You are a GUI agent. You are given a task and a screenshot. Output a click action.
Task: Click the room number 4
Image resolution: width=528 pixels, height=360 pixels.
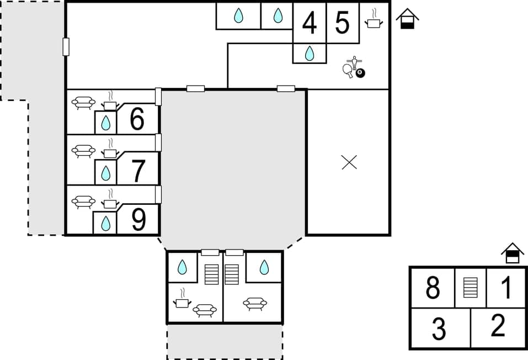pos(310,23)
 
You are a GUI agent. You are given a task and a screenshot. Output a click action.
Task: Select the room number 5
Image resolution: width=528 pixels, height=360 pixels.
pos(343,23)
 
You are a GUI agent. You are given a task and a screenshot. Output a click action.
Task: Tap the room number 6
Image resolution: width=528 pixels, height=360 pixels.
pos(137,119)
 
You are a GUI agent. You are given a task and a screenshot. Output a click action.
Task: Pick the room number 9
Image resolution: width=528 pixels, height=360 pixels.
pos(138,220)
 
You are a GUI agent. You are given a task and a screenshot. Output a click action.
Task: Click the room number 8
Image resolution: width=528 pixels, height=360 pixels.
pos(433,288)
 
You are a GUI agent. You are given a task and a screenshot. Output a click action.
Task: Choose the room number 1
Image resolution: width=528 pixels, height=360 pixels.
pos(506,288)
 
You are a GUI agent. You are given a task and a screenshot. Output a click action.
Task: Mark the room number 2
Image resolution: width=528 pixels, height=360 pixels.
pos(498,326)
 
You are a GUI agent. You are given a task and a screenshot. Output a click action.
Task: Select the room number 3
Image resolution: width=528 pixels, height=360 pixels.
pos(439,329)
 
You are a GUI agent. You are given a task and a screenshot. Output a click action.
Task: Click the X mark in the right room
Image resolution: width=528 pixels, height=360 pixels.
pos(349,162)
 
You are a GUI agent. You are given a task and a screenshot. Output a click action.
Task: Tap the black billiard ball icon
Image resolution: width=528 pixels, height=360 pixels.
pos(360,73)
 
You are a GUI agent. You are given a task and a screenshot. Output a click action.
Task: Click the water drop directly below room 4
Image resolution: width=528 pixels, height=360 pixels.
pos(310,54)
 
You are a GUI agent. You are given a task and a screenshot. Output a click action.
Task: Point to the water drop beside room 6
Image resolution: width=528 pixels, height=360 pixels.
pos(105,123)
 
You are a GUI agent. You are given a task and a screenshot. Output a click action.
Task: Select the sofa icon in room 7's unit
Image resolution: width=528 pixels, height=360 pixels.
pos(84,151)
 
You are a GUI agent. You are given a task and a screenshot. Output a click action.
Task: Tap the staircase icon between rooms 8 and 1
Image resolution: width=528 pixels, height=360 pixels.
pos(470,288)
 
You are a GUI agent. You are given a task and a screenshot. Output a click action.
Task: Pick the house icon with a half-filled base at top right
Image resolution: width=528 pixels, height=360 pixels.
pos(407,19)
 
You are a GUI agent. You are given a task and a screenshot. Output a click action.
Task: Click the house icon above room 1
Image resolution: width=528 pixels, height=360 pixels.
pos(513,253)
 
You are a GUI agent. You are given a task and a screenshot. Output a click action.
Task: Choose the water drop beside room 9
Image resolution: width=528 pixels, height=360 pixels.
pos(105,223)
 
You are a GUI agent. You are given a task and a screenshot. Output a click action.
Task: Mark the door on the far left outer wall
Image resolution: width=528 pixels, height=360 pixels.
pos(66,47)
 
